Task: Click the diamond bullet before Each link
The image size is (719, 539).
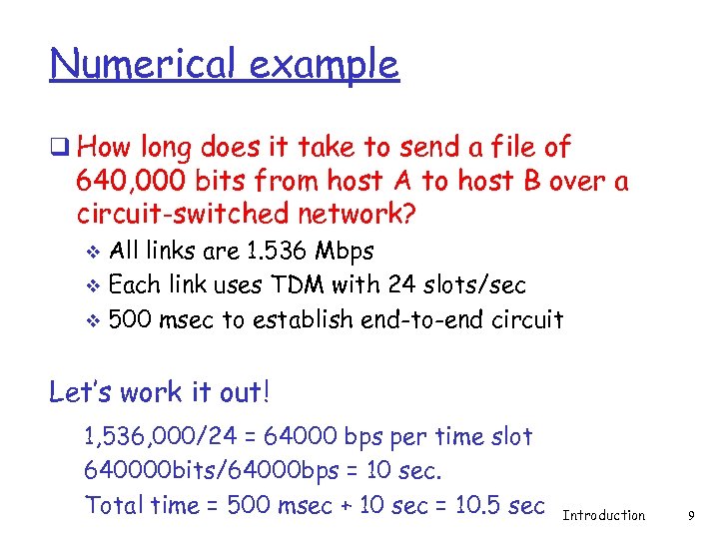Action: coord(95,286)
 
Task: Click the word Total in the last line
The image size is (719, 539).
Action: coord(115,505)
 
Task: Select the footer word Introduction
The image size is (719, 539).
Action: coord(604,516)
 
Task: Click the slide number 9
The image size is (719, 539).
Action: coord(691,516)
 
